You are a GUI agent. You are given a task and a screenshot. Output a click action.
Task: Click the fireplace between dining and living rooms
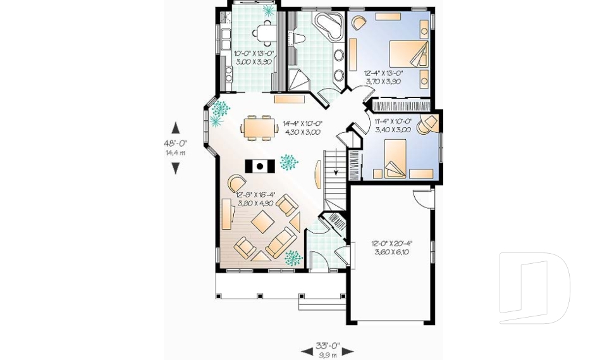click(259, 166)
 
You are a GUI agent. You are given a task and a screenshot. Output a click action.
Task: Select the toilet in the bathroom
click(298, 39)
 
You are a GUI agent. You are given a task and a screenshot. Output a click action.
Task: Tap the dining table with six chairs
click(258, 128)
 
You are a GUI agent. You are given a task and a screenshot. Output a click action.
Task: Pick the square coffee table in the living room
click(262, 222)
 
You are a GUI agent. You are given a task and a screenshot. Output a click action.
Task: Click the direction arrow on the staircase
click(336, 169)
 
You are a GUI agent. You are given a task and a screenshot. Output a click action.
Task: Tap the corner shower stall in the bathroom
click(299, 80)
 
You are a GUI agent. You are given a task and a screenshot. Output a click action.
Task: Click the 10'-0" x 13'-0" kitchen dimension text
click(252, 58)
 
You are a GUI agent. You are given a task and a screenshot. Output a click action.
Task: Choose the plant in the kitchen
click(269, 10)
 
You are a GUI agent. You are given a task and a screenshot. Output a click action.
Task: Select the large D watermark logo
click(534, 288)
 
